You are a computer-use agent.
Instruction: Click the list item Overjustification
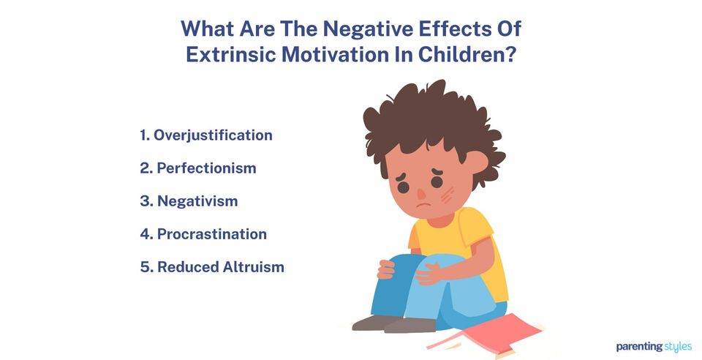pyautogui.click(x=213, y=135)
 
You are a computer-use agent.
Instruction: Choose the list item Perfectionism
pyautogui.click(x=206, y=168)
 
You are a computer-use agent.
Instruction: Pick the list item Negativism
pyautogui.click(x=197, y=201)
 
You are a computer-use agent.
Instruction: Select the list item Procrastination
pyautogui.click(x=211, y=234)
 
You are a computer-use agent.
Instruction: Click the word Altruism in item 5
pyautogui.click(x=252, y=267)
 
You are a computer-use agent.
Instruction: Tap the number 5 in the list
pyautogui.click(x=144, y=267)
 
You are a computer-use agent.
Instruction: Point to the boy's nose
pyautogui.click(x=422, y=192)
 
